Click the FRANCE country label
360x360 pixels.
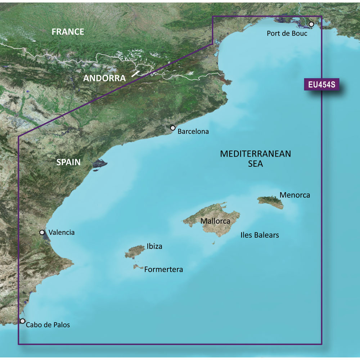68,32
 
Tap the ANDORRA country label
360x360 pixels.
104,78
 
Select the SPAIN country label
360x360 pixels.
68,162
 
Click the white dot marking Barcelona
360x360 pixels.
173,128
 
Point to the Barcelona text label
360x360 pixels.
193,132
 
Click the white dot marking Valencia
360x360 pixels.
42,233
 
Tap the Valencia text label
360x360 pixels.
62,233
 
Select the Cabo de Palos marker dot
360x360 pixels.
23,321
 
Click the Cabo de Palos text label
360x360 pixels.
48,325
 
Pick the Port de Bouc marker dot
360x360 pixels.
311,24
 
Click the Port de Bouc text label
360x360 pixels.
287,33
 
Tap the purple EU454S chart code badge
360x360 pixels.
321,85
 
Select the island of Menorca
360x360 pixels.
271,201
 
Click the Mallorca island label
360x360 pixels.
215,221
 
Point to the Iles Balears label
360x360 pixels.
260,235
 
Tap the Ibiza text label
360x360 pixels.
154,247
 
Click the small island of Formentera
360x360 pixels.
137,267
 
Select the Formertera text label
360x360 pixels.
163,269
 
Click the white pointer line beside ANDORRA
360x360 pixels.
136,74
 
